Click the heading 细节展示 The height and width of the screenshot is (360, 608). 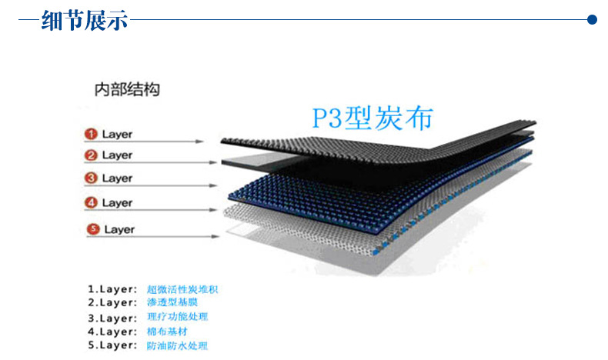coord(85,20)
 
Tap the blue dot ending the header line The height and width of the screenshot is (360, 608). coord(592,19)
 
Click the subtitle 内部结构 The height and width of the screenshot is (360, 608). coord(127,89)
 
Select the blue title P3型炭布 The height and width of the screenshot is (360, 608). coord(372,118)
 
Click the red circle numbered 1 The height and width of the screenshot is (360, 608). coord(91,134)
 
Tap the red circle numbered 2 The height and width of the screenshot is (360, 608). coord(91,155)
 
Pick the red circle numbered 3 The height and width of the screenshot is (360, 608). coord(91,178)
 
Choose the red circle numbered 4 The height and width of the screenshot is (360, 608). coord(91,202)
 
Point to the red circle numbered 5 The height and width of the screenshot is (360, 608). coord(93,229)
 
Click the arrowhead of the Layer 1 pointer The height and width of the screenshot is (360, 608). coord(199,142)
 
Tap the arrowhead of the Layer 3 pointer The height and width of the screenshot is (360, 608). coord(213,185)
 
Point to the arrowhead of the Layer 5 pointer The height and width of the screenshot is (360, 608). coord(215,236)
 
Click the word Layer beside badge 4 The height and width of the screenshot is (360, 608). coord(117,203)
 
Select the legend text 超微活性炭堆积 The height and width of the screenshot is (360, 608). coord(182,289)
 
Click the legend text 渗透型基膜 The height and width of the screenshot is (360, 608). coord(172,302)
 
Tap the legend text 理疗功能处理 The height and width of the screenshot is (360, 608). coord(177,317)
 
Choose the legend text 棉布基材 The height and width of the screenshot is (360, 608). coord(167,332)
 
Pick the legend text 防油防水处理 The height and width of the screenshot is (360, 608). coord(177,345)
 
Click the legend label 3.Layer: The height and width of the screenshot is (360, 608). coord(112,318)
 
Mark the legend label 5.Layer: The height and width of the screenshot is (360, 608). coord(112,345)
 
